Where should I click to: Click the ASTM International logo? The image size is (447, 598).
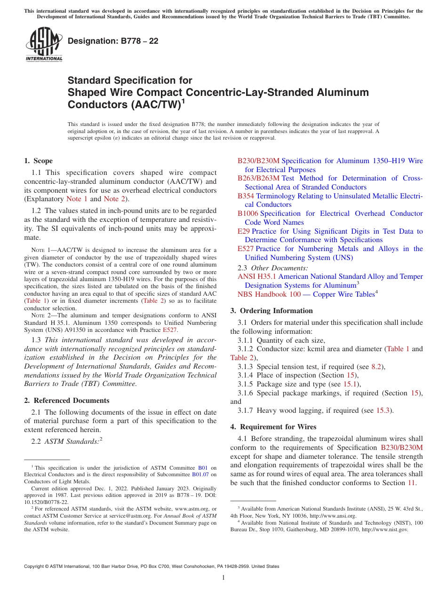(x=44, y=44)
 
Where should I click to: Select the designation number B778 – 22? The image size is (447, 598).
(x=113, y=41)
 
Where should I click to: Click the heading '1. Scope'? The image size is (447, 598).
(x=39, y=161)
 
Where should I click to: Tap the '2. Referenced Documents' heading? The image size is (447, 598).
(x=67, y=401)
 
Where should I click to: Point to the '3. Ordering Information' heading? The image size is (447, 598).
(x=271, y=311)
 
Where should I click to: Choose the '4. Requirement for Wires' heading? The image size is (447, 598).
(x=273, y=427)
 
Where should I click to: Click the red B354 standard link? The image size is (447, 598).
(x=246, y=196)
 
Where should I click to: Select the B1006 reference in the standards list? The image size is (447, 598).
(x=247, y=213)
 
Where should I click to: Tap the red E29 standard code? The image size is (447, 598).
(x=244, y=231)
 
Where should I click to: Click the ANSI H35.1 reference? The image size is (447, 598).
(x=257, y=276)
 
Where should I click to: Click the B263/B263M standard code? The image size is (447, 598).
(x=258, y=178)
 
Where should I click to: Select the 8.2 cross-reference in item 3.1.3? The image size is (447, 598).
(x=377, y=367)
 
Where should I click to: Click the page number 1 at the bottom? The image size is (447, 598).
(x=223, y=578)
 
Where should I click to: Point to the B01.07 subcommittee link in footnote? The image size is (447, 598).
(x=200, y=474)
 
